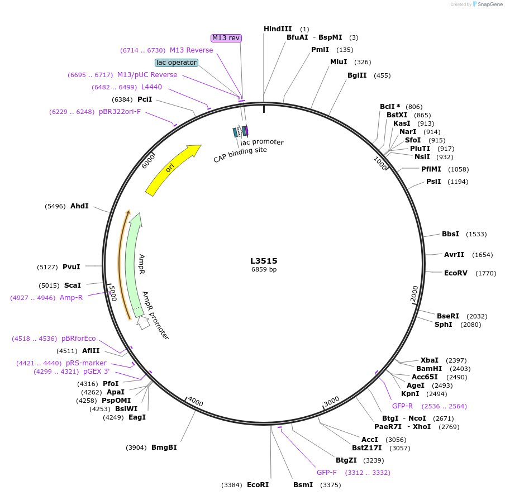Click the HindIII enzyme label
tap(278, 29)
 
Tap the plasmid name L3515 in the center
tap(264, 261)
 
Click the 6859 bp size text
tap(264, 269)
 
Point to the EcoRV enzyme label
tap(454, 273)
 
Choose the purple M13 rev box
tap(226, 38)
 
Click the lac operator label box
tap(177, 63)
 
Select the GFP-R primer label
tap(402, 406)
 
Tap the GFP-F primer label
tap(327, 473)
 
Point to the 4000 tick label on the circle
tap(196, 402)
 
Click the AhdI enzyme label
tap(79, 206)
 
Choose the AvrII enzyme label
tap(454, 255)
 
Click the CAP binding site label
tap(240, 154)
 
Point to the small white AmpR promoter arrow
tap(143, 322)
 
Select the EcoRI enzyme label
tap(258, 485)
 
